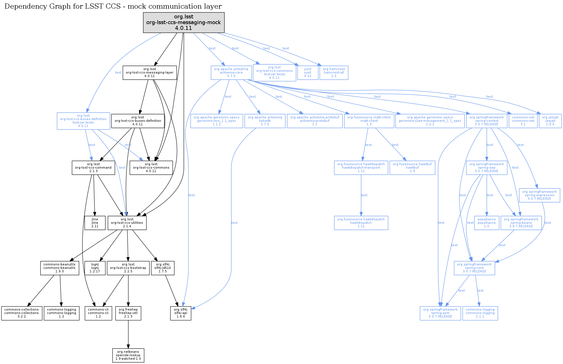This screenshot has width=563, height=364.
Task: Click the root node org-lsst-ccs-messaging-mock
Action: tap(184, 22)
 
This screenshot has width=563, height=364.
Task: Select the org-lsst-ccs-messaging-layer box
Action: tap(150, 73)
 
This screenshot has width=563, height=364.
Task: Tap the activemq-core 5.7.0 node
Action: tap(231, 73)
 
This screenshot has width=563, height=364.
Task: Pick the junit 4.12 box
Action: tap(308, 73)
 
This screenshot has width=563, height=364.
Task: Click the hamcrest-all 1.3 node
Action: tap(334, 73)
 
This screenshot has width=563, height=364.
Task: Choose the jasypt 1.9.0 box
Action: tap(550, 121)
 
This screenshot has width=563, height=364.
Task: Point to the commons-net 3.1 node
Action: tap(523, 121)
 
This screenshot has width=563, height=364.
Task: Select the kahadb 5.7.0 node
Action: tap(265, 121)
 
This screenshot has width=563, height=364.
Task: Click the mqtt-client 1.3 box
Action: tap(369, 121)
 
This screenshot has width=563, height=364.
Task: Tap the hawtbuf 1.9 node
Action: tap(412, 168)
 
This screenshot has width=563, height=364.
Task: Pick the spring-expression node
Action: tap(539, 195)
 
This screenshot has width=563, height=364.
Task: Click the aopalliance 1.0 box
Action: tap(486, 223)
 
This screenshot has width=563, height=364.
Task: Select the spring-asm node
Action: tap(440, 313)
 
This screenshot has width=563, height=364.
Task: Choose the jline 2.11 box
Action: tap(95, 223)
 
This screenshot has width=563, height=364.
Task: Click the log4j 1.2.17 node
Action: tap(95, 268)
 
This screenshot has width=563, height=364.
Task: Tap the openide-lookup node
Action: tap(128, 355)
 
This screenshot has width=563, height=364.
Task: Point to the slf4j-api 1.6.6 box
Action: tap(181, 313)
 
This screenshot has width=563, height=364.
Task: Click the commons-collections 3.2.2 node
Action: tap(22, 313)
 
